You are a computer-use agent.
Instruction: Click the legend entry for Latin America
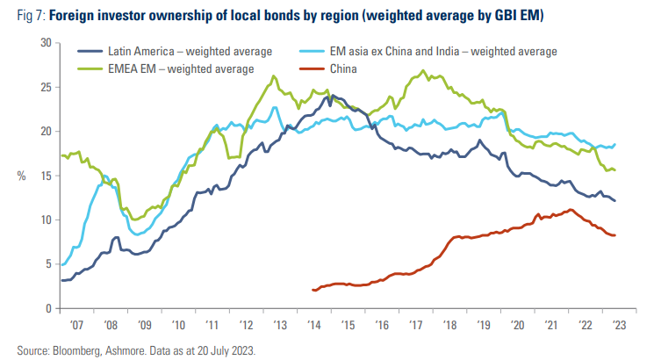coord(175,51)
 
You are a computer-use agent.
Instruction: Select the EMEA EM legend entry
coord(166,68)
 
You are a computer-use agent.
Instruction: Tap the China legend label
coord(328,68)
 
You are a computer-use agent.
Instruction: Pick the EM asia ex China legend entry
coord(428,51)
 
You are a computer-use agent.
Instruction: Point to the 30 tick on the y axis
coord(46,43)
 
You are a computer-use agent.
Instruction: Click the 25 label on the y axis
coord(46,87)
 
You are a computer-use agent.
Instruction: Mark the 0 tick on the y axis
coord(49,308)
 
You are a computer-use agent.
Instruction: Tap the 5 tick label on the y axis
coord(49,264)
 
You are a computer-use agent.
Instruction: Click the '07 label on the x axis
coord(76,325)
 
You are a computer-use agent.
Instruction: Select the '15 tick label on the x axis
coord(348,325)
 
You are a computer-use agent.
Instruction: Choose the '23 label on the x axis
coord(619,325)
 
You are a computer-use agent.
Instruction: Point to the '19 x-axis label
coord(484,325)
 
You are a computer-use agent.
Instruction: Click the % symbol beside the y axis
coord(21,176)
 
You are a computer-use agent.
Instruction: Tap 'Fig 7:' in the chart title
coord(32,16)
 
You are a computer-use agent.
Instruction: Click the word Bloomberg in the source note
coord(76,350)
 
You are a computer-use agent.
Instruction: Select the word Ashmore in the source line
coord(124,350)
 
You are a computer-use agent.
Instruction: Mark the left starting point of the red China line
coord(313,290)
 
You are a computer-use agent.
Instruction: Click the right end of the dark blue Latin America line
coord(614,201)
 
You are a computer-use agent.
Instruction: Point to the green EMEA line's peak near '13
coord(274,76)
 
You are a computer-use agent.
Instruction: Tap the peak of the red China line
coord(571,209)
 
